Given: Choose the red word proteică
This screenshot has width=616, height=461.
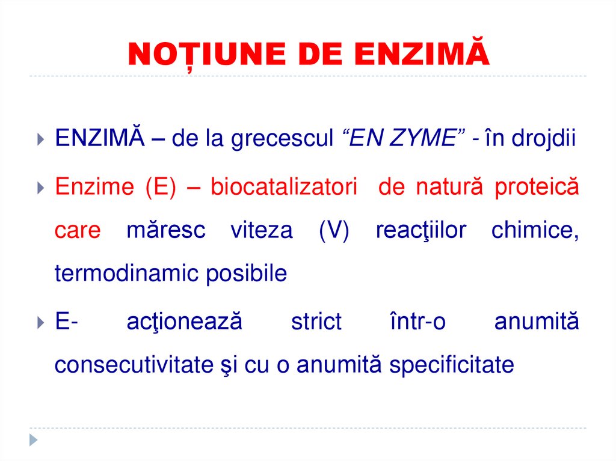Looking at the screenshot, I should [x=537, y=187].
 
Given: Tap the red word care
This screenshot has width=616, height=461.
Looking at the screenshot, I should [x=77, y=231].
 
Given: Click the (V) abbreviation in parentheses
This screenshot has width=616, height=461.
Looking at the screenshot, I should [x=334, y=231].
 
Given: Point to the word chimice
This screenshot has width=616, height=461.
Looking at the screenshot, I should [x=535, y=231].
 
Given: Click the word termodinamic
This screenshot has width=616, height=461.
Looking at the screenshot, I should [x=126, y=274].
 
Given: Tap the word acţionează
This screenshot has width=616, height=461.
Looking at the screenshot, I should [x=184, y=322].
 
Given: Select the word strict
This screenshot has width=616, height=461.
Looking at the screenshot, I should [x=316, y=322].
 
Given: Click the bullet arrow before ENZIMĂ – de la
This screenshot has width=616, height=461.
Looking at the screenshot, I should [x=40, y=140].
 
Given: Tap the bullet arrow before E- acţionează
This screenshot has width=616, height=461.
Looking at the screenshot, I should [x=40, y=323].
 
